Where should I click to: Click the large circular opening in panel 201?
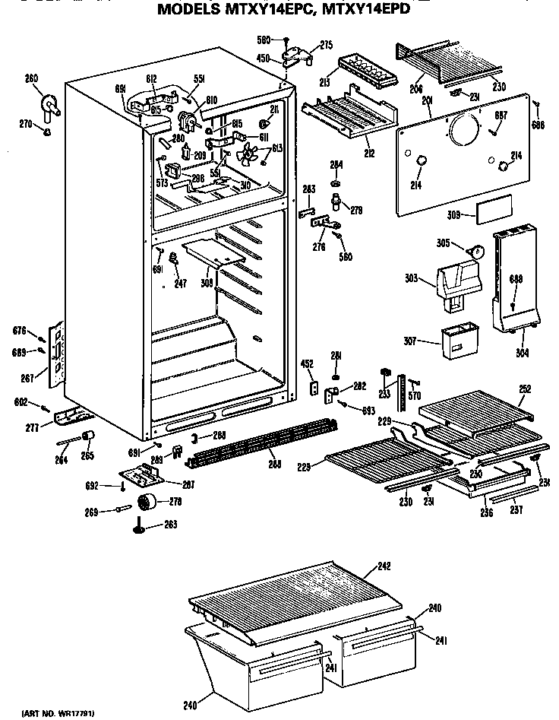(x=463, y=132)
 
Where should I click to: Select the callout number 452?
(x=308, y=363)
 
